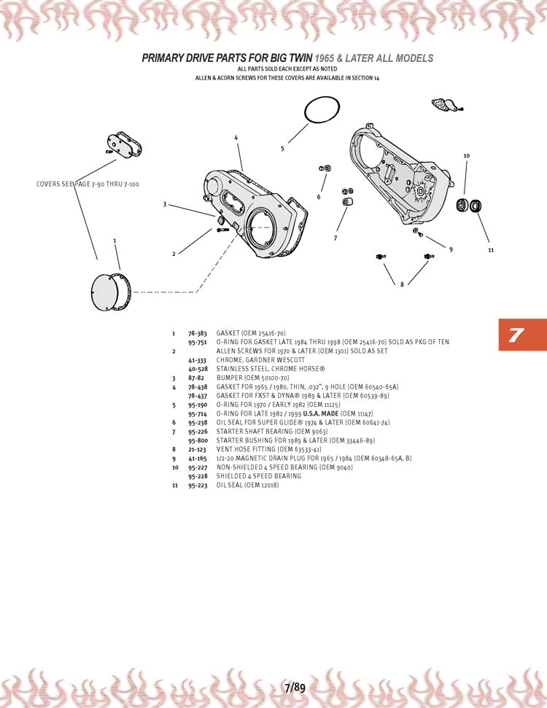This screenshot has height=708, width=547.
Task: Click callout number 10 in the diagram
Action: [466, 156]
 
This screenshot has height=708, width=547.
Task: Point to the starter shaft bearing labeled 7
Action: [348, 201]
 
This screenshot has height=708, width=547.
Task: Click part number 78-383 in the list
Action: [198, 333]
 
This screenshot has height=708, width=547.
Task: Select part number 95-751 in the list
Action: [198, 342]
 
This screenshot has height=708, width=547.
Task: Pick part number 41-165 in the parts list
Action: [198, 459]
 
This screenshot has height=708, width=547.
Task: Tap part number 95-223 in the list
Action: [198, 485]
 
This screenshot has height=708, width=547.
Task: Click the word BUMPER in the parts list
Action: [230, 378]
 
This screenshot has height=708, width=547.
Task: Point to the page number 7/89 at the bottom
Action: [295, 687]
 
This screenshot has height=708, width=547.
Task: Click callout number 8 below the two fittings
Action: [401, 284]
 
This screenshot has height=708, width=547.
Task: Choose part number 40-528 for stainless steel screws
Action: [198, 370]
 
